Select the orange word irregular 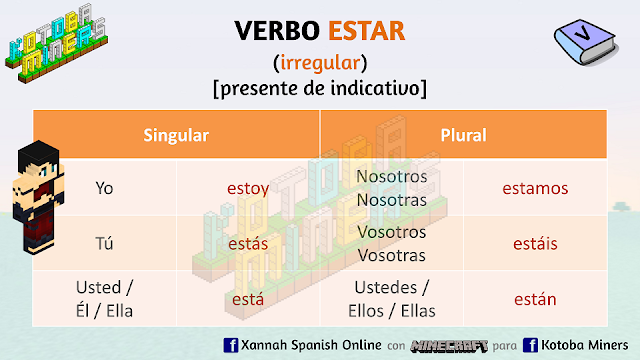pyautogui.click(x=320, y=63)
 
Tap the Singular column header pyautogui.click(x=176, y=133)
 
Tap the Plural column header pyautogui.click(x=462, y=133)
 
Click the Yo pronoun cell pyautogui.click(x=104, y=187)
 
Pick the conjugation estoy pyautogui.click(x=248, y=187)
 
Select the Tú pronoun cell pyautogui.click(x=104, y=243)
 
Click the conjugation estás pyautogui.click(x=248, y=243)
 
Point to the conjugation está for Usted pyautogui.click(x=248, y=298)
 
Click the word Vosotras pyautogui.click(x=391, y=254)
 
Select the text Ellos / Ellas pyautogui.click(x=391, y=309)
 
